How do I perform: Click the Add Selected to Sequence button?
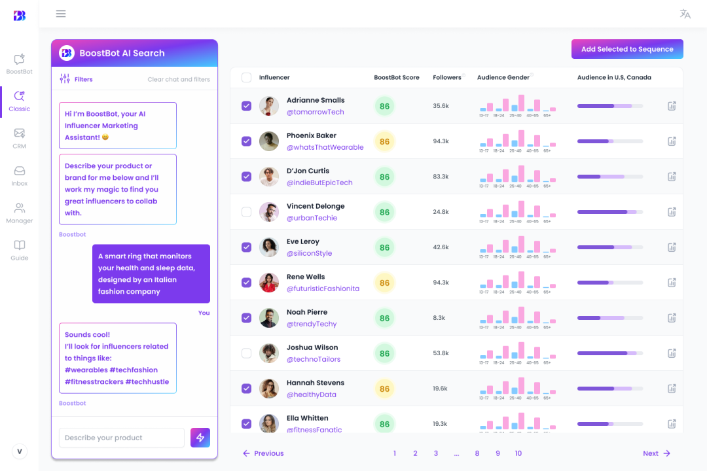(x=627, y=49)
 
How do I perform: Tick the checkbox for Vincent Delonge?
(x=246, y=212)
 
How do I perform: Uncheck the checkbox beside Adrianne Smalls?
(x=246, y=106)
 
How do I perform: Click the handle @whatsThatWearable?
(x=325, y=147)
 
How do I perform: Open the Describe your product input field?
(x=122, y=438)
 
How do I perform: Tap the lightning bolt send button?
(x=200, y=438)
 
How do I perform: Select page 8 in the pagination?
(x=477, y=453)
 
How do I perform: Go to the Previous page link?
(x=263, y=453)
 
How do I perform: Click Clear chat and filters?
(x=179, y=80)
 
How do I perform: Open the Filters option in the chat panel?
(x=76, y=79)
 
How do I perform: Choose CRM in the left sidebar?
(x=20, y=138)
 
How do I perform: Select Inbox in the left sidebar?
(x=20, y=175)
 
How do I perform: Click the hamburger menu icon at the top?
(x=61, y=14)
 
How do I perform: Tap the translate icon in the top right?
(x=685, y=14)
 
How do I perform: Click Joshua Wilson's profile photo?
(x=269, y=353)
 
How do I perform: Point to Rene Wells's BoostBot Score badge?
(x=384, y=283)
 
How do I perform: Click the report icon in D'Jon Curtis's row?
(x=672, y=177)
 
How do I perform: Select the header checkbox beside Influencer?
(x=246, y=77)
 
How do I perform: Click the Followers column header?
(x=447, y=77)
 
